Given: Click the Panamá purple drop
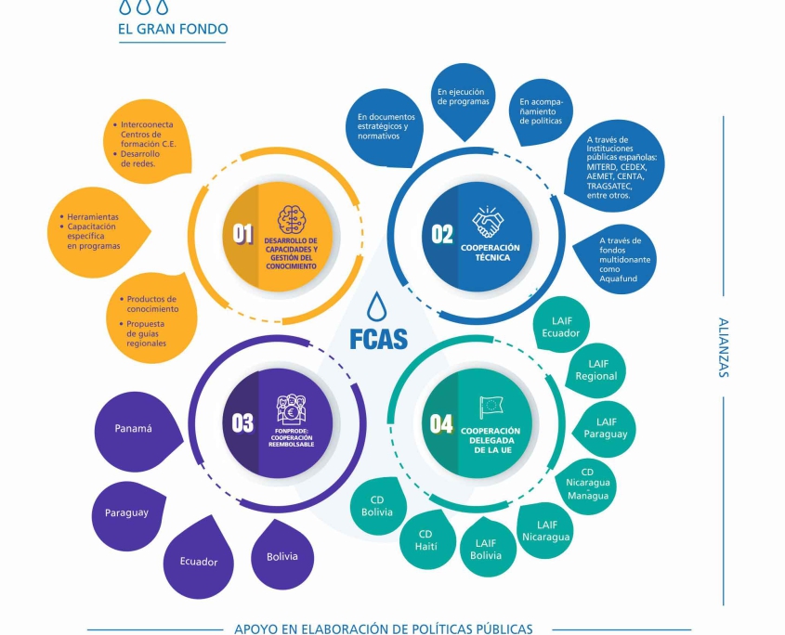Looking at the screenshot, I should [134, 429].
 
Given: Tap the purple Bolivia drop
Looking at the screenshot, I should [282, 555].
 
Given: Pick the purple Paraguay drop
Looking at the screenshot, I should [126, 512].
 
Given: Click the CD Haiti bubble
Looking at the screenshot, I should [425, 540].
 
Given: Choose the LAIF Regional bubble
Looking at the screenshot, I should [595, 370].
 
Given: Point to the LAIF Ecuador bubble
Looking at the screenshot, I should [560, 328].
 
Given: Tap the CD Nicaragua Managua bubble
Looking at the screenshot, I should [587, 483].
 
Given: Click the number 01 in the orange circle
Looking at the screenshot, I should [242, 234].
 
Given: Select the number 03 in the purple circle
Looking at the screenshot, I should [242, 422].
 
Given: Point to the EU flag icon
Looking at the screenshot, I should [490, 407].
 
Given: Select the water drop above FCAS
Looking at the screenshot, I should [376, 305].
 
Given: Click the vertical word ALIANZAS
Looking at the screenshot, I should [723, 347].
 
